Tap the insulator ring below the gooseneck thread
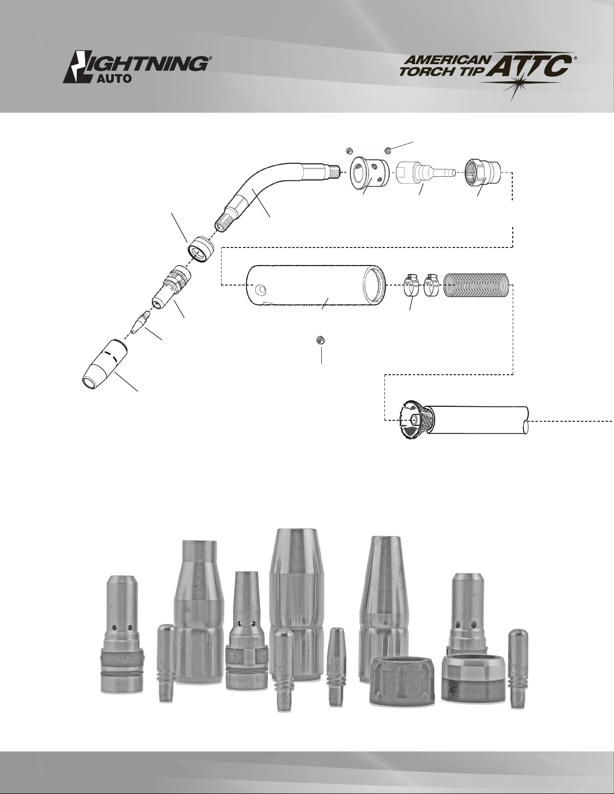point(200,248)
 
